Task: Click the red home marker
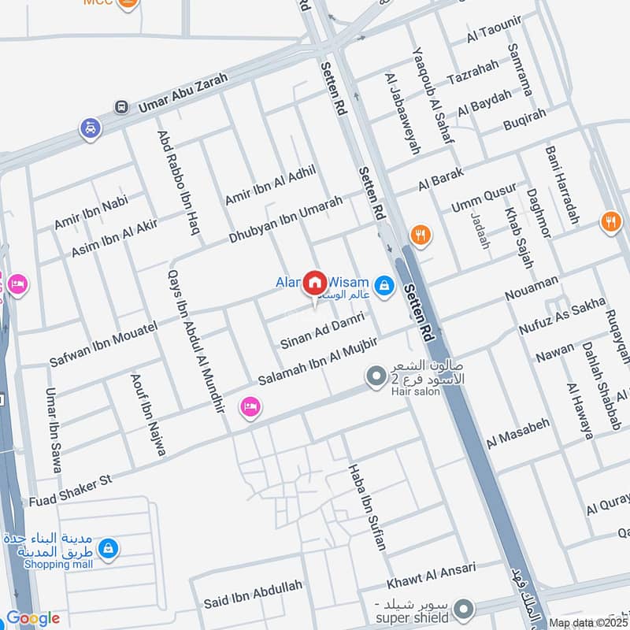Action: (315, 282)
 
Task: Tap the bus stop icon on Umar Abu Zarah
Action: (121, 106)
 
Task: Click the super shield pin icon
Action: (465, 608)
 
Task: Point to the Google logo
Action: (32, 619)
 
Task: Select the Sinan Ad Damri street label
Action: (322, 330)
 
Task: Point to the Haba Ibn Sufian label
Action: (368, 506)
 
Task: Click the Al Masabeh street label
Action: (517, 433)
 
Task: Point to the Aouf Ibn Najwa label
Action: (148, 415)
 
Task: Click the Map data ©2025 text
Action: (589, 623)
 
